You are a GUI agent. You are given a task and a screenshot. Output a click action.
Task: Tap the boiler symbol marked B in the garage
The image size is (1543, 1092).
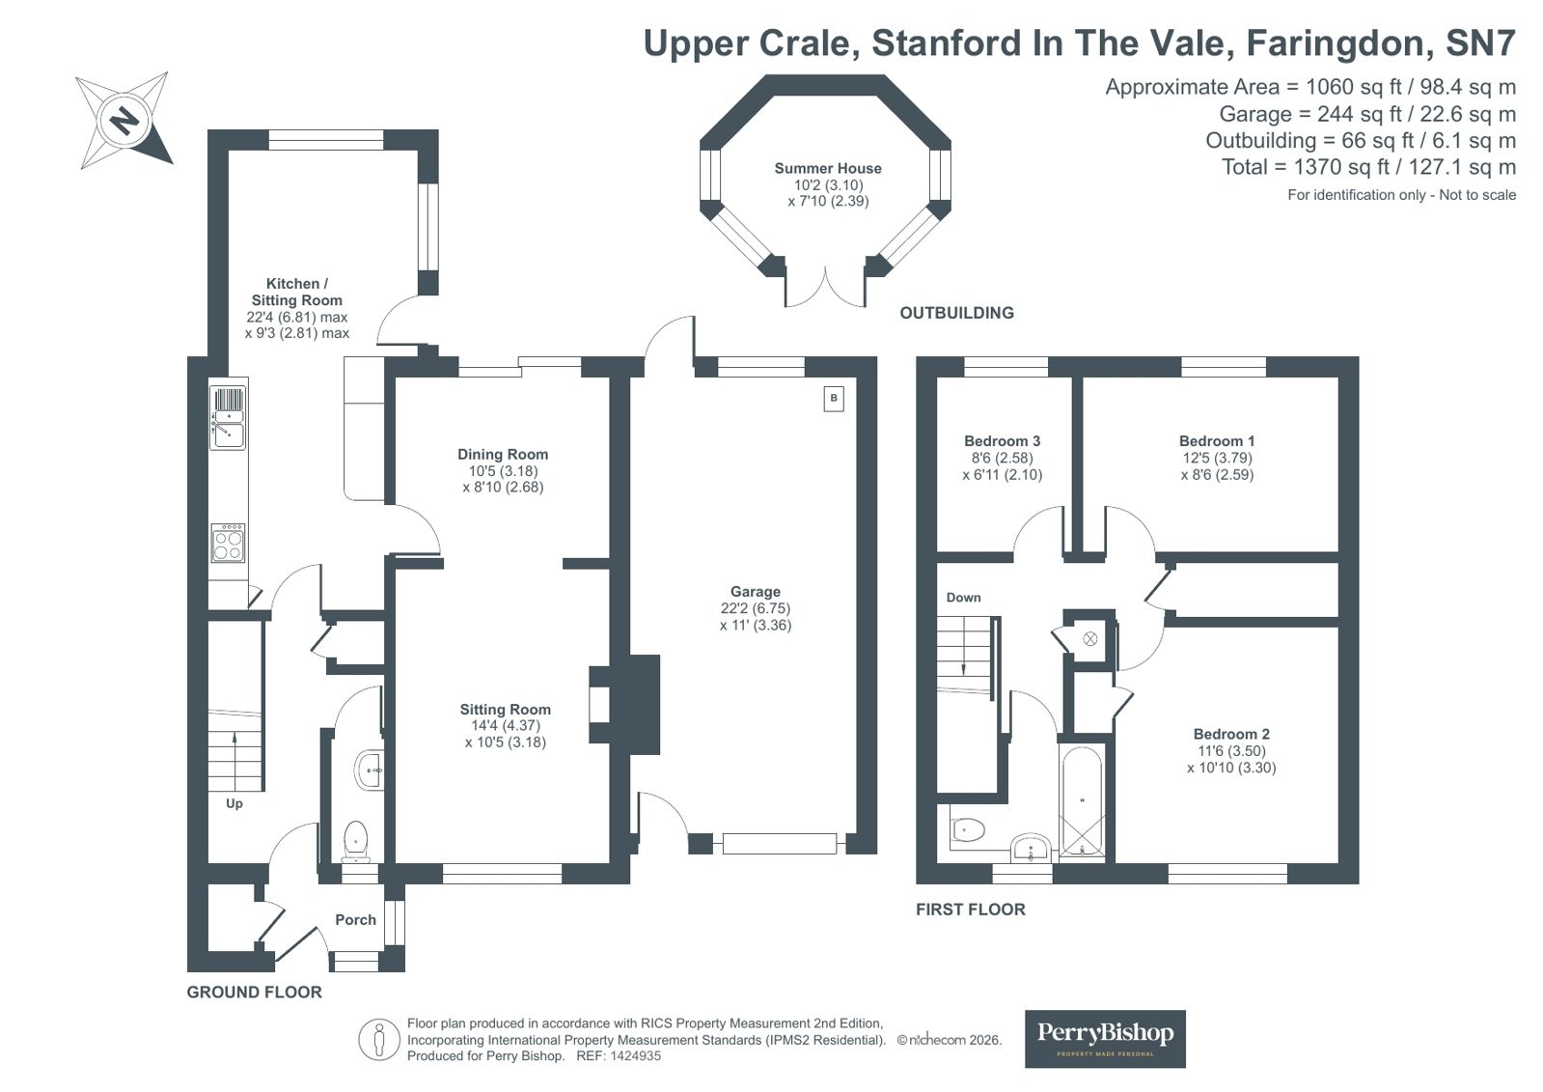pos(834,399)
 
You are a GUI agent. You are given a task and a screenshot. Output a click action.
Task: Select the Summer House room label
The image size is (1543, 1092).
pos(827,168)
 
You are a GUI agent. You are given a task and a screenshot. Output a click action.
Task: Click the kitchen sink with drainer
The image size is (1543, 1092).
pos(228,418)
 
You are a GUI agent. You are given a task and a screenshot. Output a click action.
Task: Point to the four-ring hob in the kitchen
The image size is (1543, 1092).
pos(228,544)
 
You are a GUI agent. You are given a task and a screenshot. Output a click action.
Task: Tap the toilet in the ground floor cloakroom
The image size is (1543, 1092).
pos(355,841)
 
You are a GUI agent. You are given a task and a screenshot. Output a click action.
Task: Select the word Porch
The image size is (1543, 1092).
pos(355,919)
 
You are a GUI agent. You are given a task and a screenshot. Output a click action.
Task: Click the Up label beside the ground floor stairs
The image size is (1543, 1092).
pos(234,804)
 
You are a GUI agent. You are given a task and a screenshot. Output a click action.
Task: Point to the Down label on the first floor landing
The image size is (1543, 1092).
pos(963,598)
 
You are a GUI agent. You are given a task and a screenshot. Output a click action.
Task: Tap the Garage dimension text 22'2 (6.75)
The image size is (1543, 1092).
pos(755,608)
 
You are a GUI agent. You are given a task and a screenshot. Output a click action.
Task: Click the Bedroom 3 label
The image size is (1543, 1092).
pos(1002,441)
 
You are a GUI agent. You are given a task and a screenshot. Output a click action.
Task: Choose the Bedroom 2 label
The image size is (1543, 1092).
pos(1231,734)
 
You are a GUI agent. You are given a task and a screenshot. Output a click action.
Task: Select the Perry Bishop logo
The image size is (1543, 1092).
pos(1105,1039)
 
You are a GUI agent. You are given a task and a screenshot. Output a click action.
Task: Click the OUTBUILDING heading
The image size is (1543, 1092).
pos(957,313)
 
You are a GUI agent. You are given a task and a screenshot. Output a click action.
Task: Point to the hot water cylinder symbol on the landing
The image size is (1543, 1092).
pos(1089,639)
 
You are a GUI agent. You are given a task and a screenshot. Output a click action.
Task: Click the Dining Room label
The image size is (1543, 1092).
pos(503,455)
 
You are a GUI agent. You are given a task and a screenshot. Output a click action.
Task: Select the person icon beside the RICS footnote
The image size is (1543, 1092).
pos(379,1040)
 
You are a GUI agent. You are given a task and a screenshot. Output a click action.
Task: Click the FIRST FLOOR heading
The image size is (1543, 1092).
pos(971,910)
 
